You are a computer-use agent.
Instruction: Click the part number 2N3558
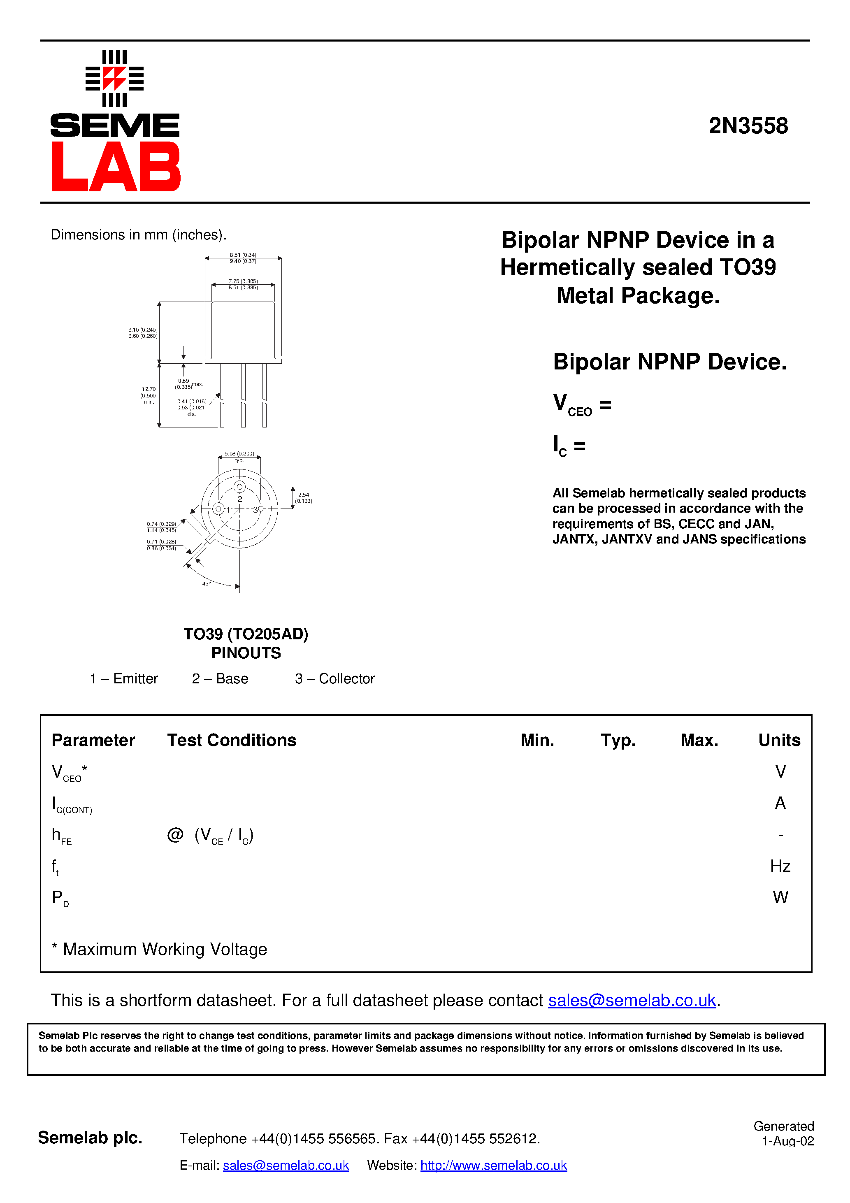pyautogui.click(x=748, y=126)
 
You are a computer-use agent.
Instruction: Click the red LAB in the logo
pyautogui.click(x=116, y=167)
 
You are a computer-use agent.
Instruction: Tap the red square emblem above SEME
pyautogui.click(x=114, y=79)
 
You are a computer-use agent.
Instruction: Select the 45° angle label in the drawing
pyautogui.click(x=207, y=583)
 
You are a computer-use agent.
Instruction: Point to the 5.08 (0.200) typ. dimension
pyautogui.click(x=239, y=456)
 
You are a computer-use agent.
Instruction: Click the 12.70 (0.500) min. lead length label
pyautogui.click(x=149, y=396)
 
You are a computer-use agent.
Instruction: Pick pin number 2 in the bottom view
pyautogui.click(x=239, y=499)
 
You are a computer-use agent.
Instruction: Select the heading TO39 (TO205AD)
pyautogui.click(x=246, y=634)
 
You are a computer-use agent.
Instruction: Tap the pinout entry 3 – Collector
pyautogui.click(x=334, y=678)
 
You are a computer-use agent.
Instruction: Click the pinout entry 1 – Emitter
pyautogui.click(x=124, y=678)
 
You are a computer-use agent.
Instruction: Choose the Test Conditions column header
pyautogui.click(x=232, y=740)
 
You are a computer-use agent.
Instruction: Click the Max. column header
pyautogui.click(x=699, y=740)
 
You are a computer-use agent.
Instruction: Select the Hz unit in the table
pyautogui.click(x=780, y=866)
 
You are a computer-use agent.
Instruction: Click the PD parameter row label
pyautogui.click(x=60, y=898)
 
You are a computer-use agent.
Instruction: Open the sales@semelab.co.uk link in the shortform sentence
pyautogui.click(x=632, y=1000)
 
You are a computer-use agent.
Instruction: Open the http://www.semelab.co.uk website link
pyautogui.click(x=493, y=1165)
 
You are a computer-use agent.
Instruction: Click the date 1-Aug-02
pyautogui.click(x=787, y=1141)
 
